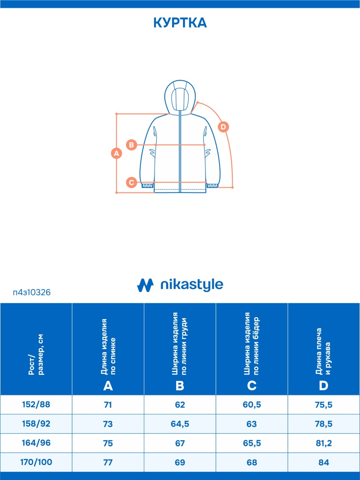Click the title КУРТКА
click(180, 23)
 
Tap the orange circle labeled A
click(117, 153)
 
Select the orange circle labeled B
click(132, 145)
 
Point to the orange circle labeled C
click(132, 182)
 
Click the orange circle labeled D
click(223, 127)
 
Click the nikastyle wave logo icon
click(145, 285)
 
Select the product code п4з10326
click(32, 292)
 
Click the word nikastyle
click(192, 285)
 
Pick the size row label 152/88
click(36, 404)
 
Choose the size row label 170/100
click(36, 462)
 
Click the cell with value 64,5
click(180, 424)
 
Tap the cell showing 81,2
click(324, 443)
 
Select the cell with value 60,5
click(252, 405)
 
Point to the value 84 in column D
click(324, 462)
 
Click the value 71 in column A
click(108, 405)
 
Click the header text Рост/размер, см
click(36, 354)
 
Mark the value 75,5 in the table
click(324, 405)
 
